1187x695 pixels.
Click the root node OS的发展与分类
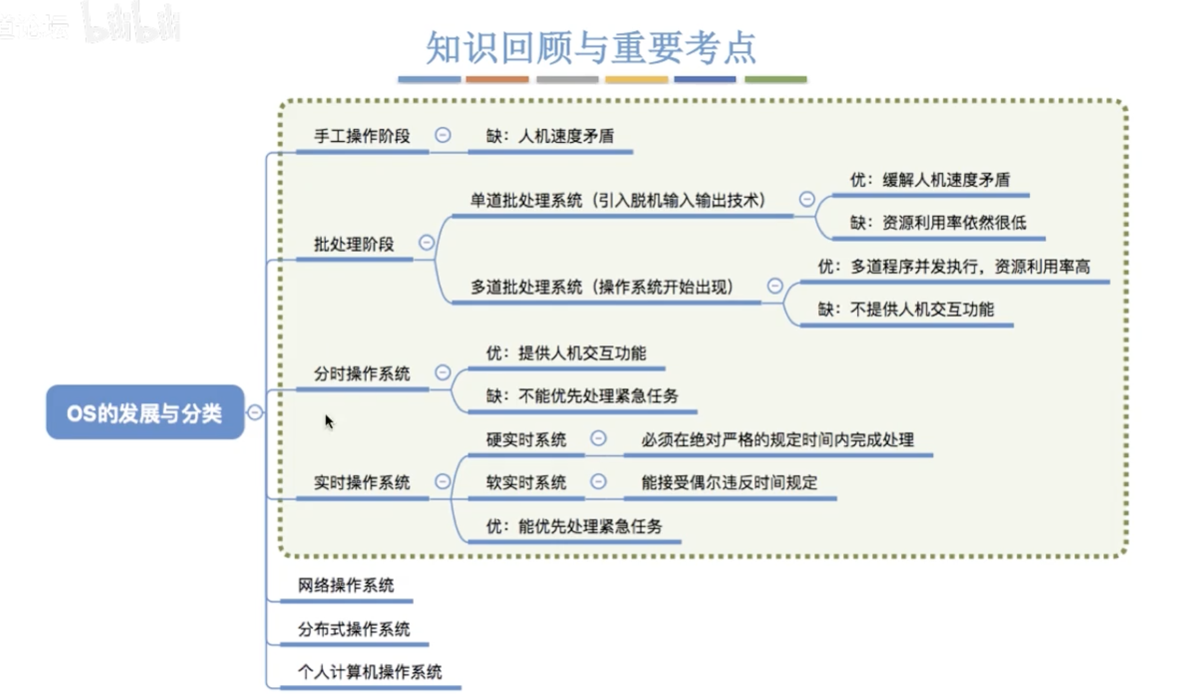(145, 413)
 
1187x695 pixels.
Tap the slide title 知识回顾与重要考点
(591, 48)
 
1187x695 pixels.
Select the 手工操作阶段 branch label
(362, 136)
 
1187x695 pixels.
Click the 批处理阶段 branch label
(354, 244)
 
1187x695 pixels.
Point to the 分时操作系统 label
(362, 374)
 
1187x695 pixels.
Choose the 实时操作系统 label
(362, 482)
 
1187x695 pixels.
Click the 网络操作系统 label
(346, 585)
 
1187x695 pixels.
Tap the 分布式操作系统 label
(354, 629)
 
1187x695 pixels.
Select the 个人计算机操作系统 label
(370, 672)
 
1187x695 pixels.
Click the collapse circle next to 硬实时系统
(598, 438)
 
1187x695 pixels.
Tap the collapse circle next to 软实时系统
(598, 482)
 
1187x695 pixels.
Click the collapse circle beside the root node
(255, 412)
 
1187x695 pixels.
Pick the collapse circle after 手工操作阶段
(443, 135)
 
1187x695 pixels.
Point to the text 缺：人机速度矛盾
(550, 136)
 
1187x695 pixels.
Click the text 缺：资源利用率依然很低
(938, 222)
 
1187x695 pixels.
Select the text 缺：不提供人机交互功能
(906, 309)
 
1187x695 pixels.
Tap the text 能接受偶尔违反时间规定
(729, 482)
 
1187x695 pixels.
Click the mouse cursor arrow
(329, 421)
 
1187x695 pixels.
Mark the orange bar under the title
(497, 79)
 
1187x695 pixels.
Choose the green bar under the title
(776, 79)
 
